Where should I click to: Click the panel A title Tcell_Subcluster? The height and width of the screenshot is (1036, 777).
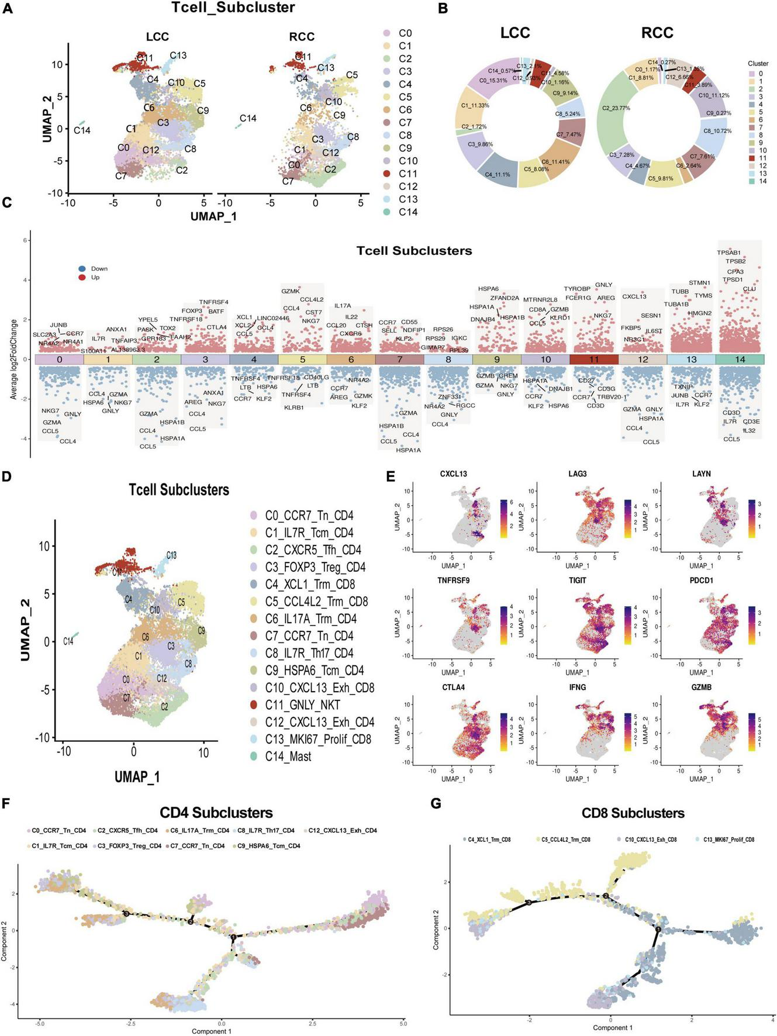(233, 8)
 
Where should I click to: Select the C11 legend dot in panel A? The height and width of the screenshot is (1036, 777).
(387, 174)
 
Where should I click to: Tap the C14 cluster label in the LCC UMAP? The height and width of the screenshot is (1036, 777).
(82, 130)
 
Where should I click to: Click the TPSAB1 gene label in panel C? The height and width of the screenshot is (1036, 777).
(728, 253)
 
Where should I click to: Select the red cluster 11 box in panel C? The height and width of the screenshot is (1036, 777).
(594, 360)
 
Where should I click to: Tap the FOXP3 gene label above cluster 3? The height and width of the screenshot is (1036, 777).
(192, 311)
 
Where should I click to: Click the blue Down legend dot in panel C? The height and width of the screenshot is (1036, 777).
(82, 269)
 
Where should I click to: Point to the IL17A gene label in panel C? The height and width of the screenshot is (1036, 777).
(343, 306)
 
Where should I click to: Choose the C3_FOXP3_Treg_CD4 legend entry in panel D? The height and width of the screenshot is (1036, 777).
(315, 567)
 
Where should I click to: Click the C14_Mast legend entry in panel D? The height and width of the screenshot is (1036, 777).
(288, 756)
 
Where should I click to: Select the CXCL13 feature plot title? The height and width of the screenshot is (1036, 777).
(453, 474)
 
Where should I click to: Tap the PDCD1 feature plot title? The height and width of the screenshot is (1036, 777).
(701, 581)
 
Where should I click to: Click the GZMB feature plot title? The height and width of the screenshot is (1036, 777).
(701, 688)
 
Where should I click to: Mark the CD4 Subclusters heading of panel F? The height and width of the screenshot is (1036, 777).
(216, 813)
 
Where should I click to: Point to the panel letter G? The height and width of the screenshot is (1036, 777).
(436, 803)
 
